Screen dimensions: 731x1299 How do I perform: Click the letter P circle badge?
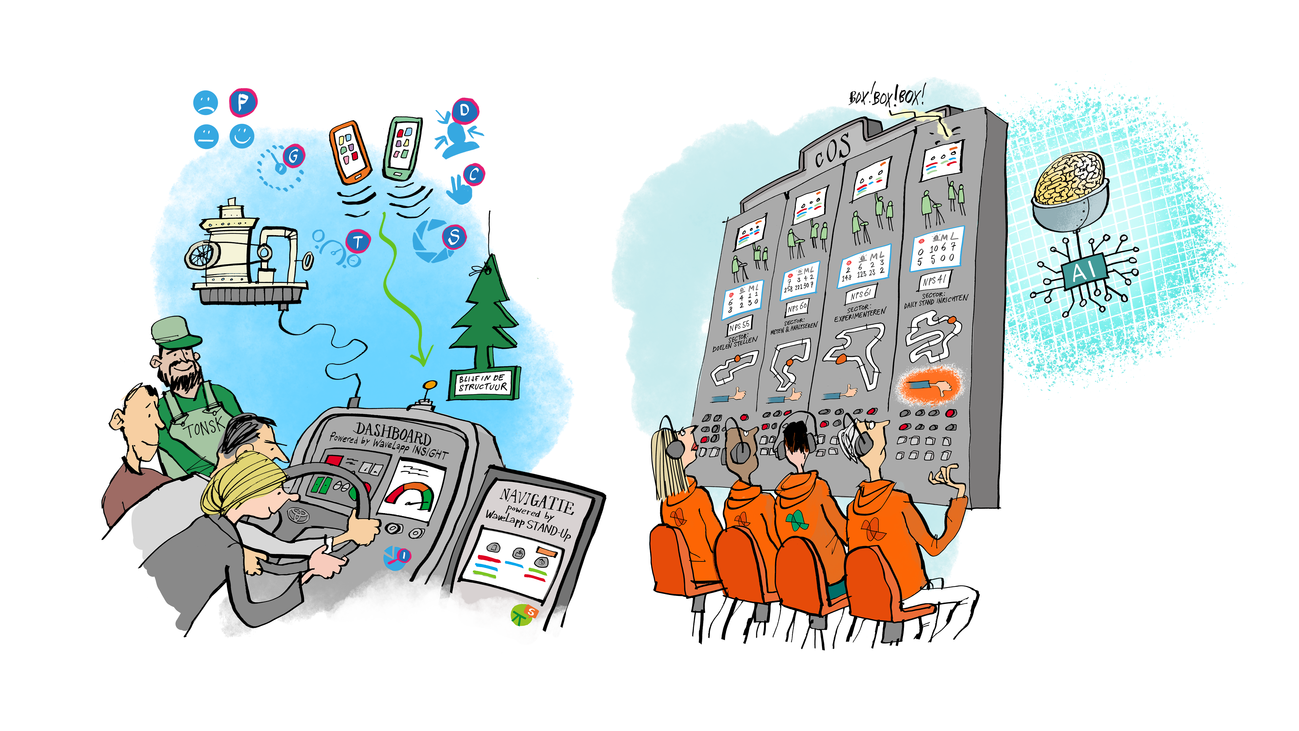point(243,102)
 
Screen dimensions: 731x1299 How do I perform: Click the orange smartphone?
point(350,151)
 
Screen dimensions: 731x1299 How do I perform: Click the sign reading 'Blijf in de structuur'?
point(483,383)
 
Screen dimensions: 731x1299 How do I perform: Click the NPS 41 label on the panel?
point(934,280)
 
